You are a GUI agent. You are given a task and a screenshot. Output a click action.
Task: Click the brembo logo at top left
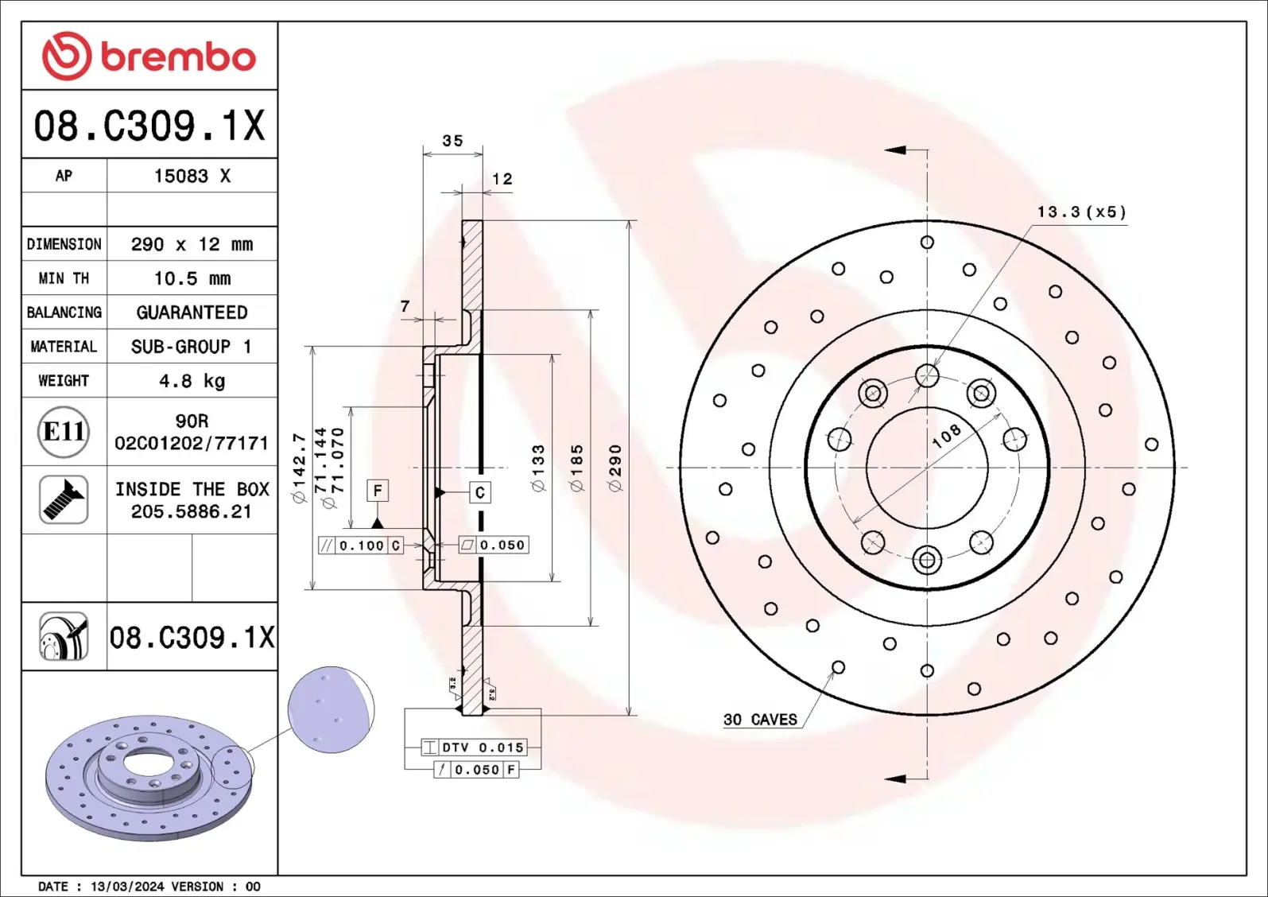pos(149,56)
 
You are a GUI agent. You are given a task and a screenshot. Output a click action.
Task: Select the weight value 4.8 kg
pos(192,381)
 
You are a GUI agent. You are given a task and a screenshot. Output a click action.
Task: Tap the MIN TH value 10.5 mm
pos(192,278)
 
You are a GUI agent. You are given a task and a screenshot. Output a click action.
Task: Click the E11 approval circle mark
pos(64,432)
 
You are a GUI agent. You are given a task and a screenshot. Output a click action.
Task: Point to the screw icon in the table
pos(64,499)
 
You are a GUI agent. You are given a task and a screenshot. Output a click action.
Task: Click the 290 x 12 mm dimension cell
pos(192,244)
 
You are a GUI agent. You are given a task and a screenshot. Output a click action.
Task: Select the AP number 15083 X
pos(192,176)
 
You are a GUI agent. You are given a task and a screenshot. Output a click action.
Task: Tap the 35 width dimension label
pos(452,141)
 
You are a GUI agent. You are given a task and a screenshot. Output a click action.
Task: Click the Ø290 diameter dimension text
pos(615,468)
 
